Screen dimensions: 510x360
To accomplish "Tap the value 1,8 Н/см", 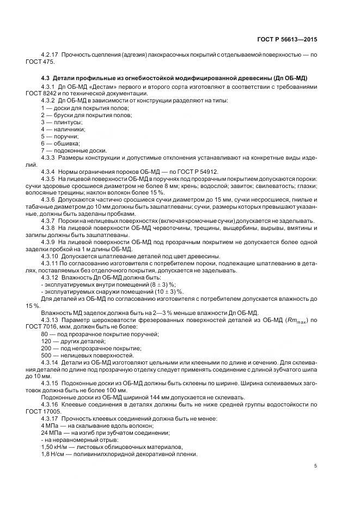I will pos(54,453).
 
